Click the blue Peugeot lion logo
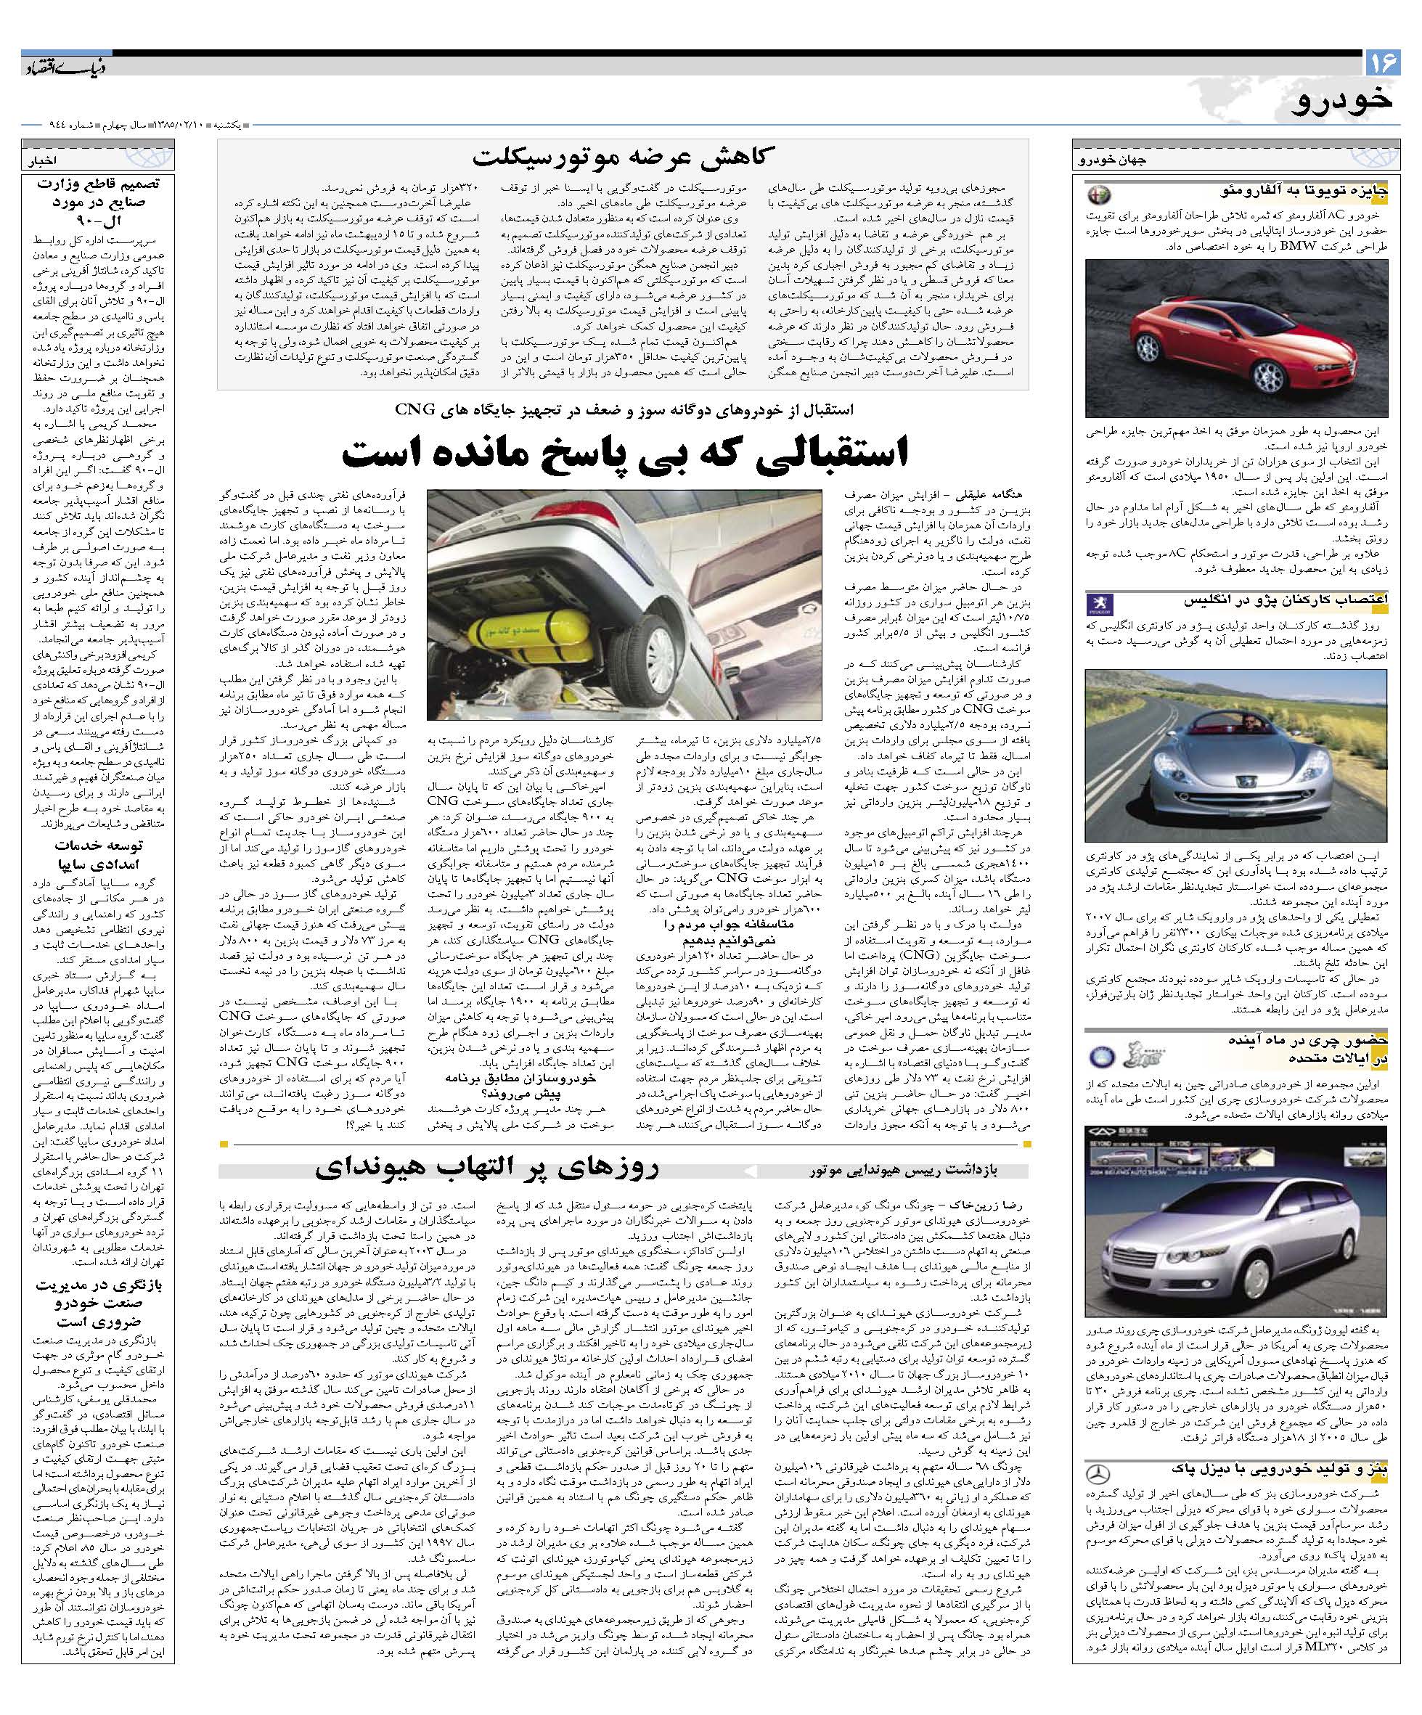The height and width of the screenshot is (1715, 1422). point(1098,605)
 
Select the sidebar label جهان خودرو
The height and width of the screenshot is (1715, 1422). point(1113,161)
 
